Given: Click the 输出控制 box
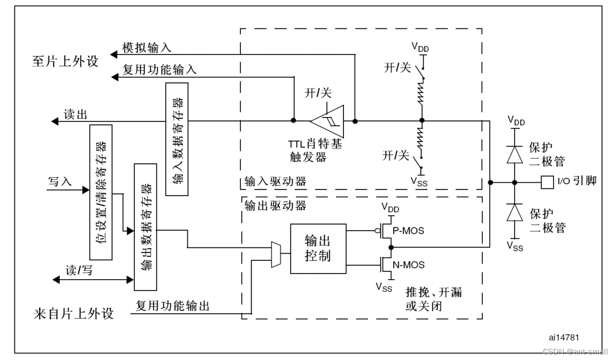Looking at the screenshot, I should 318,248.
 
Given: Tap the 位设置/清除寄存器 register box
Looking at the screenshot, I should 101,192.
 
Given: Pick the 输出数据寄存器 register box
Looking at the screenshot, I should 146,227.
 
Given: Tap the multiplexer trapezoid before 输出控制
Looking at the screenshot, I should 276,255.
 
